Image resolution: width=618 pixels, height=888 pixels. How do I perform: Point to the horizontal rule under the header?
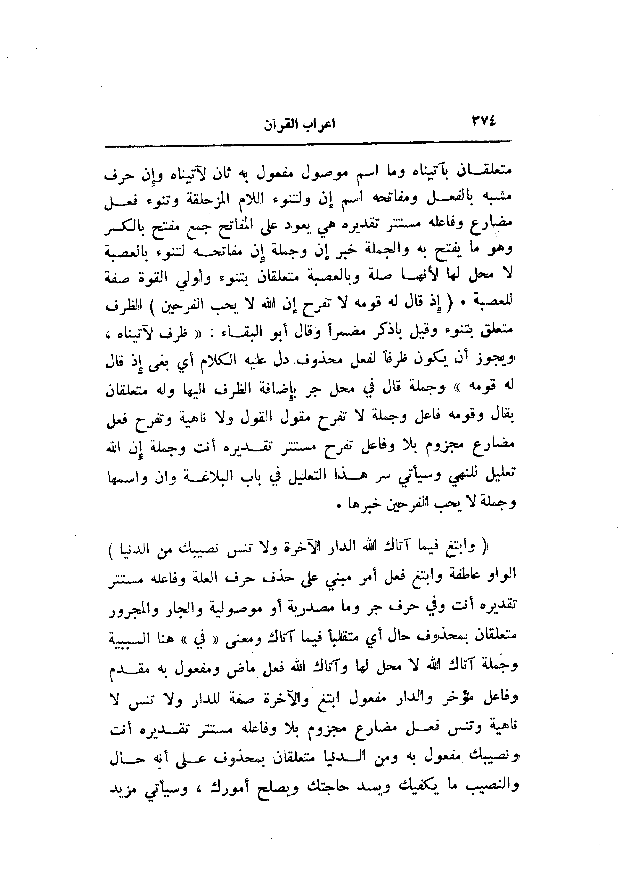(308, 146)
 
